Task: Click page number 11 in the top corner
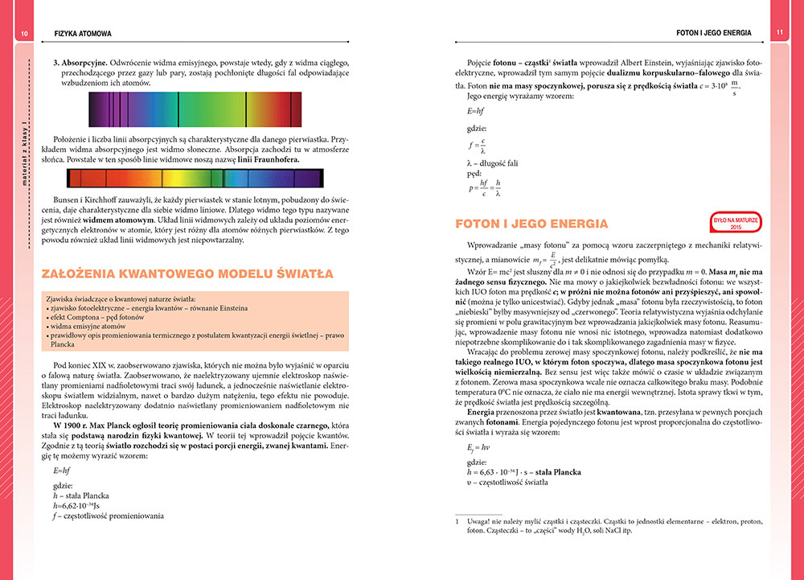pyautogui.click(x=779, y=33)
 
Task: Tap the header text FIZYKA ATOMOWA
pyautogui.click(x=83, y=34)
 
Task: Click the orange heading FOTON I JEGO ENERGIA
pyautogui.click(x=531, y=223)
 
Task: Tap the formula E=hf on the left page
pyautogui.click(x=62, y=469)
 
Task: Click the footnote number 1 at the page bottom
pyautogui.click(x=457, y=522)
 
